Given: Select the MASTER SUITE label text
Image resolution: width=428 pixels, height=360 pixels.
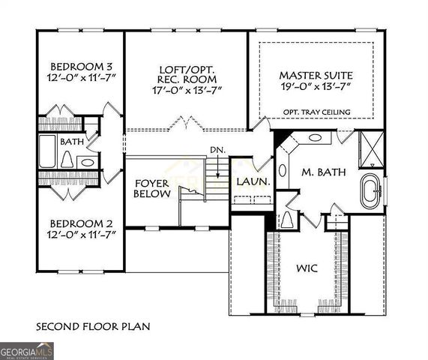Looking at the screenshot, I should (x=315, y=76).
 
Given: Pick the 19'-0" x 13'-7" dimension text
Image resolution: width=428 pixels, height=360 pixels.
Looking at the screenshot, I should (x=315, y=88).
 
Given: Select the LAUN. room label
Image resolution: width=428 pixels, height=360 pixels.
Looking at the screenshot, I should (x=248, y=181).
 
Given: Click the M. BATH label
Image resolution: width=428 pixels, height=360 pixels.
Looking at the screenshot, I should (x=324, y=172).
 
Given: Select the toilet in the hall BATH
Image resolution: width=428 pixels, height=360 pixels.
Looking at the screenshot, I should (x=67, y=160).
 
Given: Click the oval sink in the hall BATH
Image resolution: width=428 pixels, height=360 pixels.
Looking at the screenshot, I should (x=88, y=161).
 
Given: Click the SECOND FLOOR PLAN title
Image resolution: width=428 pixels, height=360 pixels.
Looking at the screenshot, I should (x=94, y=326).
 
